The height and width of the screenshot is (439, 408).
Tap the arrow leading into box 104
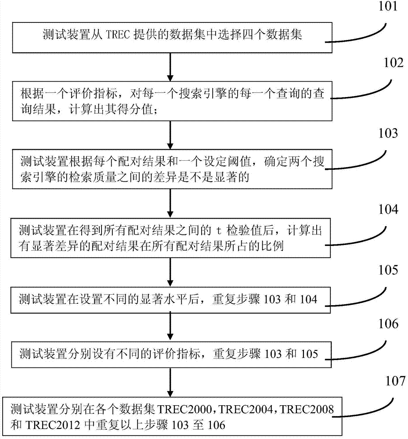pyautogui.click(x=170, y=206)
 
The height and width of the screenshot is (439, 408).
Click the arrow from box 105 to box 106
pyautogui.click(x=170, y=327)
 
